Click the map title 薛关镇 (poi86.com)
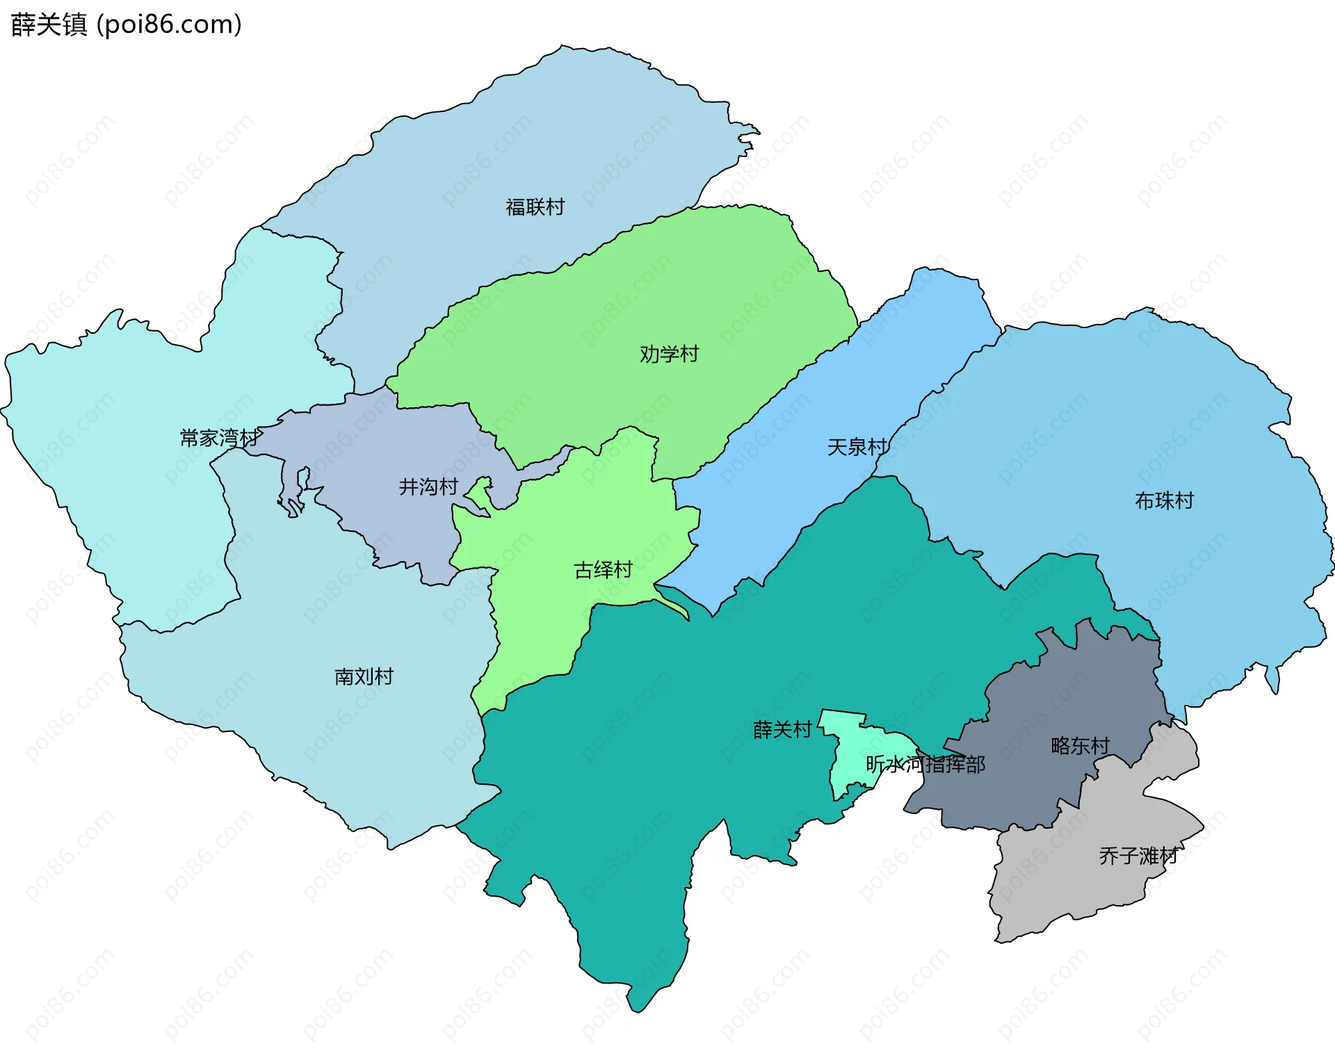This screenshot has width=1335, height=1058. tap(127, 24)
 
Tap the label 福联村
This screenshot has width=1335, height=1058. tap(535, 207)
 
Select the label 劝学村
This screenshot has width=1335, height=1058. tap(669, 354)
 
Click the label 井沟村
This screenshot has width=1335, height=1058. tap(428, 487)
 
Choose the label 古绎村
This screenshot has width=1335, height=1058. tap(603, 570)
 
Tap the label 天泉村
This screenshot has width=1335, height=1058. tap(857, 447)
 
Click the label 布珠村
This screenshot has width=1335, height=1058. tap(1164, 500)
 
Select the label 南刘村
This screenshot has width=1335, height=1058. tap(364, 676)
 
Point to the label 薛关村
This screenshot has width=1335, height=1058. tap(782, 730)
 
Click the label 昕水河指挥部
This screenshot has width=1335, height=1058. tap(925, 765)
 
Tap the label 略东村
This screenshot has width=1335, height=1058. tap(1080, 746)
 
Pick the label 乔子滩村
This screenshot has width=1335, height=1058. tap(1138, 856)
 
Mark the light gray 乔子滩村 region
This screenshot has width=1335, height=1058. tap(1071, 883)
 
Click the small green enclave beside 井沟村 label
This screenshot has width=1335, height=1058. tap(478, 496)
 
